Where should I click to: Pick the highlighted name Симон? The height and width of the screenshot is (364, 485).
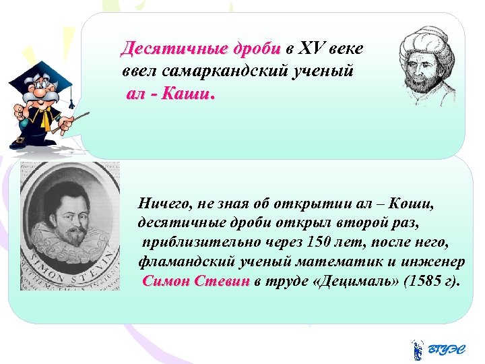point(167,280)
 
